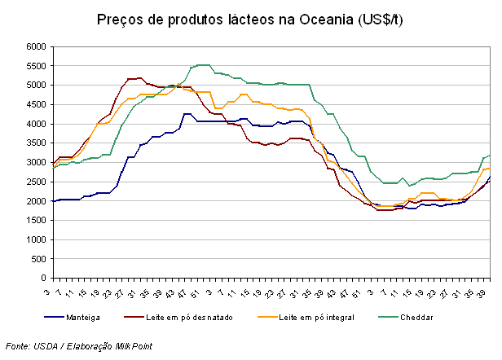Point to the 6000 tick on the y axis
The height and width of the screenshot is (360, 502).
35,47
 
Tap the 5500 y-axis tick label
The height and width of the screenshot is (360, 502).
35,66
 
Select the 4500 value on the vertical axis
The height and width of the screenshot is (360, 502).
35,105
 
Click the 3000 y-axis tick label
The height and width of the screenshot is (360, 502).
35,163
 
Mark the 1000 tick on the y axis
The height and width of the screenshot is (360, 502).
35,239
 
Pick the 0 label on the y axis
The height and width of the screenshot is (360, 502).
42,279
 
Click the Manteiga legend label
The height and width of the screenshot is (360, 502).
90,317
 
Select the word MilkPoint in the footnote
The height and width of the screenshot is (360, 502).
134,346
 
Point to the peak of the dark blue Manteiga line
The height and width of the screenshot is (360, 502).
187,113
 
